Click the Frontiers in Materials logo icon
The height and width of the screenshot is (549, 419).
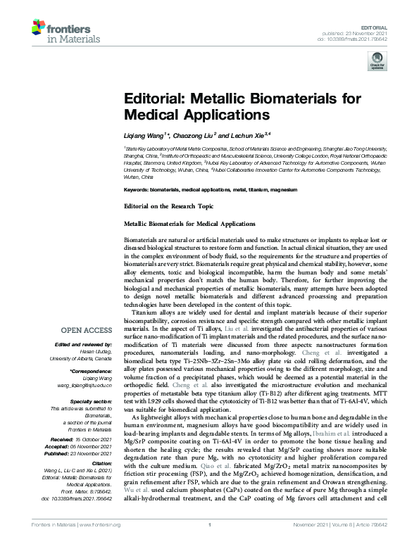click(x=41, y=27)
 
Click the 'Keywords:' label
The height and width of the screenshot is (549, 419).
click(x=137, y=190)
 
